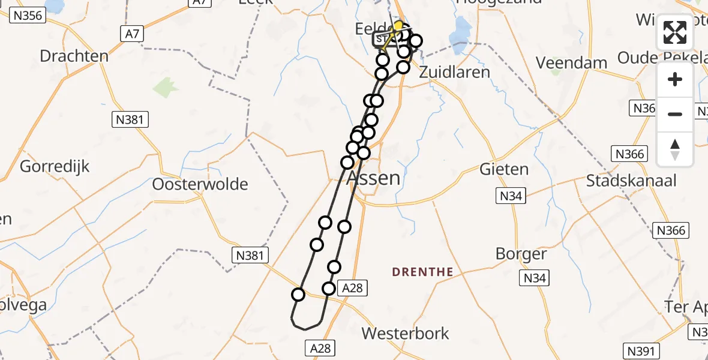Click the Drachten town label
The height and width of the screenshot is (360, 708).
click(x=74, y=56)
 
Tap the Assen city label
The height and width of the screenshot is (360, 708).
click(x=374, y=178)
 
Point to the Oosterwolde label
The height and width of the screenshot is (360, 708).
click(x=200, y=184)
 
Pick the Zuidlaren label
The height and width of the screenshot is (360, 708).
click(x=454, y=72)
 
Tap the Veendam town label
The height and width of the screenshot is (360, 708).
click(x=563, y=62)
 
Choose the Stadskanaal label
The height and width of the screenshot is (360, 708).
click(x=631, y=181)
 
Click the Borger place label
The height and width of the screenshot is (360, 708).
click(x=521, y=254)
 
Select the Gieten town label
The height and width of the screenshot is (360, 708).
click(x=504, y=170)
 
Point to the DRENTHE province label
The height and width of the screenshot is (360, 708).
click(x=422, y=272)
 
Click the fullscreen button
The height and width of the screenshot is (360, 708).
click(x=675, y=32)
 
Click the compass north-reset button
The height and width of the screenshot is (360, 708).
click(x=675, y=149)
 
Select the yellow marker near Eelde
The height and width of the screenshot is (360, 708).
click(x=398, y=26)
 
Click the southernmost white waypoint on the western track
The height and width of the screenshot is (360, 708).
click(x=298, y=294)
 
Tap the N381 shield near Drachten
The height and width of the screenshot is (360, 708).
click(x=130, y=120)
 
